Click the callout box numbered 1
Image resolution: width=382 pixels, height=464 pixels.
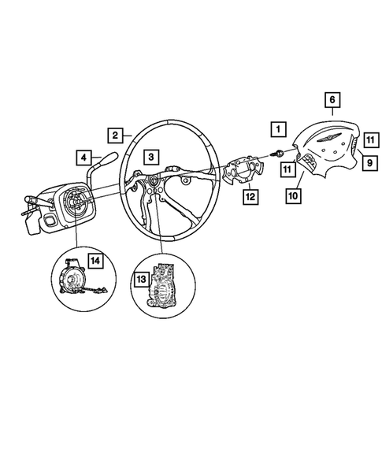tap(276, 128)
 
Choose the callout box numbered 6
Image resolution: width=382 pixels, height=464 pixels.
tap(332, 100)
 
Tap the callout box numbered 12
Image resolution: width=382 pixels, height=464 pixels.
tap(250, 196)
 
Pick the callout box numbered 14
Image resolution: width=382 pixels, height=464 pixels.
tap(95, 259)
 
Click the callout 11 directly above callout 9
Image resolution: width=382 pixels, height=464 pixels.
tap(368, 139)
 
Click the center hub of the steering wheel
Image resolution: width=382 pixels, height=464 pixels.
tap(153, 186)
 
